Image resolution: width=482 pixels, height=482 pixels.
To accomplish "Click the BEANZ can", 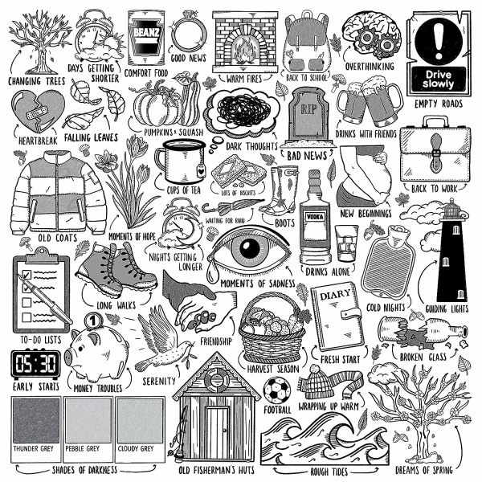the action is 146,38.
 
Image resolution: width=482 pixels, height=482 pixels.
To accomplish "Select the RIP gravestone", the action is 308,116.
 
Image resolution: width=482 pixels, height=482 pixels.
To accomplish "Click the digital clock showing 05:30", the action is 36,364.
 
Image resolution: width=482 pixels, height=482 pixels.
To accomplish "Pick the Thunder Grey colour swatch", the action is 36,420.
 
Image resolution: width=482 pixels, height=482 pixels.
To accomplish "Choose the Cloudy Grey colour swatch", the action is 140,420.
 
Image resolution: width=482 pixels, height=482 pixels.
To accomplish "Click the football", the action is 276,390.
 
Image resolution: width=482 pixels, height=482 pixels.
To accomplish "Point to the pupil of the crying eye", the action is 250,248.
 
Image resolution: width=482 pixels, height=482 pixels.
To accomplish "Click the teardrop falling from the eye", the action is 211,272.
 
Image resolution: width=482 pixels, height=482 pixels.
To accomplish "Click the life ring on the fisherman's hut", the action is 217,379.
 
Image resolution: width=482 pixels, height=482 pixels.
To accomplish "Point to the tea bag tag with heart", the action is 201,170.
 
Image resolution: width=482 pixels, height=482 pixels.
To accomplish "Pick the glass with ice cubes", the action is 346,243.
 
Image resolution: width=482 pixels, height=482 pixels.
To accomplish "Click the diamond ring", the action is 188,33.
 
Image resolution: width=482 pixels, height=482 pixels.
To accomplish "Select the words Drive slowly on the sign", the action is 438,80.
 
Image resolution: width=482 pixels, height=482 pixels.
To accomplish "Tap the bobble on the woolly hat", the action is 316,370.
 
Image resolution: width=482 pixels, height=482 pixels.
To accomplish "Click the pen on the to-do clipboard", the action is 45,299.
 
